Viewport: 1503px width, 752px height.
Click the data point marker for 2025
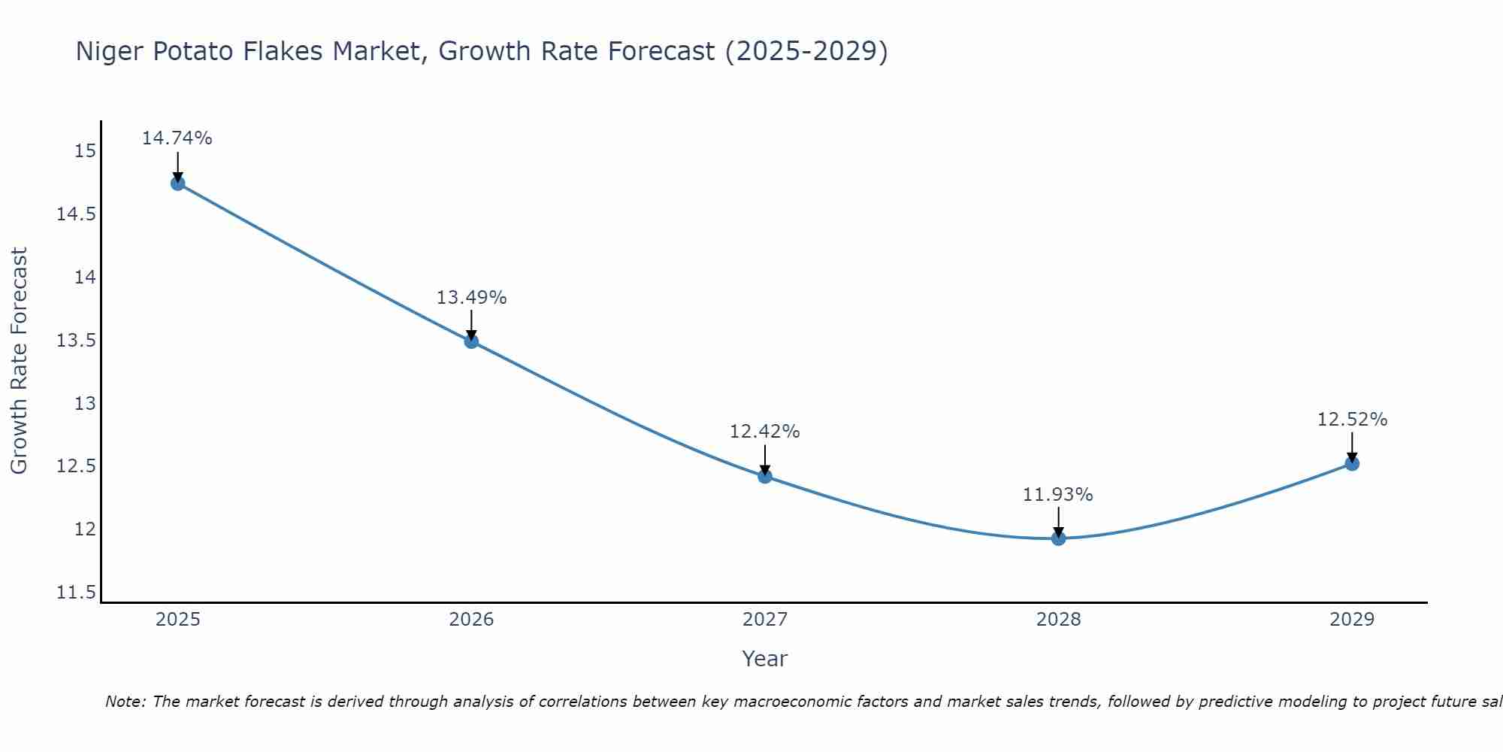coord(178,183)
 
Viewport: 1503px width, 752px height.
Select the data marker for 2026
coord(471,341)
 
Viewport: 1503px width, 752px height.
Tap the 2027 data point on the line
coord(765,476)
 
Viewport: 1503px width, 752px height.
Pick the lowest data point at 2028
coord(1058,538)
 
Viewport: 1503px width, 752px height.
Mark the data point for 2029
coord(1352,464)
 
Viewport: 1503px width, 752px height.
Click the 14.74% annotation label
coord(177,138)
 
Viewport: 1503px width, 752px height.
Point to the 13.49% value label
coord(471,298)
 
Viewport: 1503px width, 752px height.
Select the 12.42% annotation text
coord(765,432)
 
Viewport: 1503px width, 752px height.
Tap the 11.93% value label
coord(1058,495)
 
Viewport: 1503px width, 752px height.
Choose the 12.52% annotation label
coord(1352,420)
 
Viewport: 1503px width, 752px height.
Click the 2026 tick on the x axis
coord(471,620)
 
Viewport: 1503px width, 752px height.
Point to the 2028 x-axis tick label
coord(1058,620)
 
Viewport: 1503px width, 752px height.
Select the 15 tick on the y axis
coord(86,151)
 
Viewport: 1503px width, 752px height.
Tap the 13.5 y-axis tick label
coord(77,341)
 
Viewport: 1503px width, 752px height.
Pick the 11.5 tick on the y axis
coord(77,593)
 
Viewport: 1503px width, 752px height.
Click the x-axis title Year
coord(764,659)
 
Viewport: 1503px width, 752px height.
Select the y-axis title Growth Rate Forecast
coord(19,360)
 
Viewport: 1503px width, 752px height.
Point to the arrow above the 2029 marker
coord(1352,446)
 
